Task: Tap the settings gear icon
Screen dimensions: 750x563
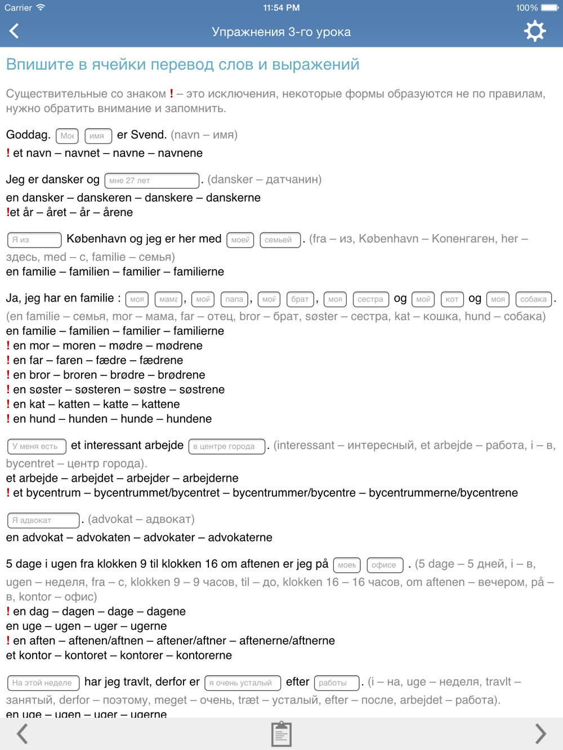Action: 534,31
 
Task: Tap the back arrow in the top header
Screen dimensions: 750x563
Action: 15,31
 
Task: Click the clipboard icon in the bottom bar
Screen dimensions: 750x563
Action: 281,734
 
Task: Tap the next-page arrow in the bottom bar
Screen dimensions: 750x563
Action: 540,734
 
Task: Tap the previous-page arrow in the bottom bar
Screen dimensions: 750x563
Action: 23,734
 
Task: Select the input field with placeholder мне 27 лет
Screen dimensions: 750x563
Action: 152,181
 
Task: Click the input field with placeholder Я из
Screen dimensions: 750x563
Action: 34,240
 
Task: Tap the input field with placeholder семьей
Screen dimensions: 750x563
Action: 280,240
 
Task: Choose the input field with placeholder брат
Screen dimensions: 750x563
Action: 300,299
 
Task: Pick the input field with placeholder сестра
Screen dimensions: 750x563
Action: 370,299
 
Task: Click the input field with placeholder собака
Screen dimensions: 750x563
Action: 533,299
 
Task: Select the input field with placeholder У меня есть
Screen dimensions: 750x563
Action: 37,446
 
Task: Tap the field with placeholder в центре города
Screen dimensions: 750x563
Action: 226,446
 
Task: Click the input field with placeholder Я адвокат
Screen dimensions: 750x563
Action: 43,520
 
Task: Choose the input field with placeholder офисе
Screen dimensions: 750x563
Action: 385,565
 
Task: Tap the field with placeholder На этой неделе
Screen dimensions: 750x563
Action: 43,683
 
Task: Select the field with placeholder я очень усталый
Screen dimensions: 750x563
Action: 242,683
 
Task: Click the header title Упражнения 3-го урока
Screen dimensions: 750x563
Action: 281,32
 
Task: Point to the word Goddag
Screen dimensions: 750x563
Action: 28,135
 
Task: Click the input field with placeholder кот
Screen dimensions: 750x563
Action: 452,299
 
